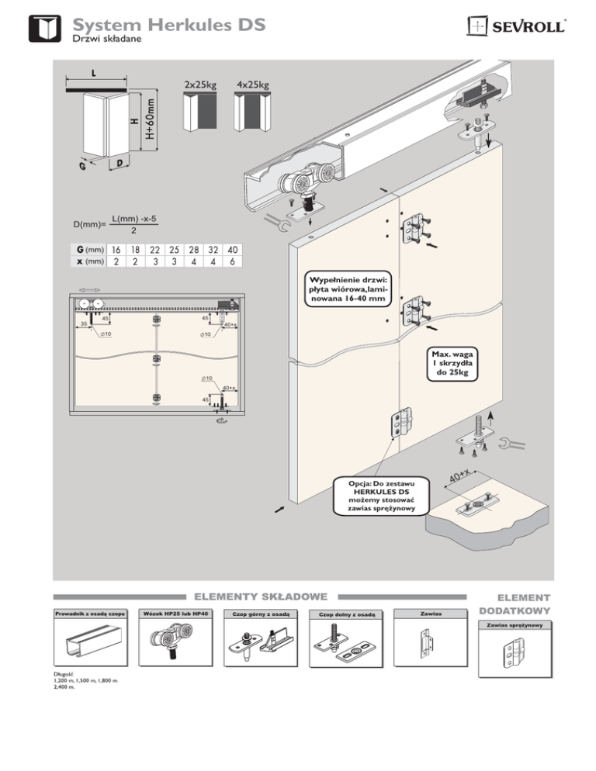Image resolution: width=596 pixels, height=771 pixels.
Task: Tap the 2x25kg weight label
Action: point(199,84)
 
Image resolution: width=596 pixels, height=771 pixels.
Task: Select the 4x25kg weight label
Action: point(252,84)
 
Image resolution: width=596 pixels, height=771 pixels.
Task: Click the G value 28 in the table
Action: point(193,251)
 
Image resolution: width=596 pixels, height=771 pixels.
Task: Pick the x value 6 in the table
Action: point(232,262)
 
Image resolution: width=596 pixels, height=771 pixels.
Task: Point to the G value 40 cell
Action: point(232,251)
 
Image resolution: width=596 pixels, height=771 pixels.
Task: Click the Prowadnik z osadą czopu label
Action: point(85,615)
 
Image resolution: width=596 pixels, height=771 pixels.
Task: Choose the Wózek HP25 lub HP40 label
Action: point(171,615)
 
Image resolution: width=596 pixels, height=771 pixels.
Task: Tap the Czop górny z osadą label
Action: point(256,615)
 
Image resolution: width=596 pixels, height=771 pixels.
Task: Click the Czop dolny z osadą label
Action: point(342,615)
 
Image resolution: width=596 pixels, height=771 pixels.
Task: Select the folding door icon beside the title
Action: point(44,29)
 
